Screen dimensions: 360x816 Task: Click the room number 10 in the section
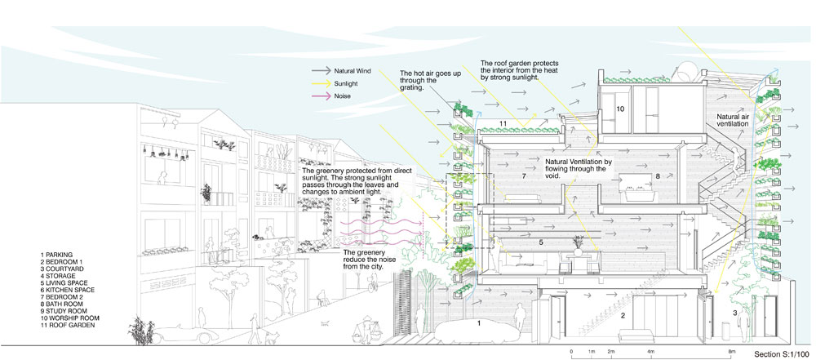[x=620, y=108]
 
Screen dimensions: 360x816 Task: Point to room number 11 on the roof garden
[x=503, y=123]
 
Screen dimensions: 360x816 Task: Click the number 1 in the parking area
[x=478, y=323]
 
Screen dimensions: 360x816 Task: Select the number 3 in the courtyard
[x=734, y=313]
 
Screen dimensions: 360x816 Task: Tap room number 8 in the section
[x=656, y=175]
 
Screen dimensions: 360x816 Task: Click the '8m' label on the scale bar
[x=732, y=350]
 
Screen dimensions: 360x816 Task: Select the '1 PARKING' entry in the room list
[x=58, y=255]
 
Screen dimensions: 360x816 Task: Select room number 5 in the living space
[x=540, y=242]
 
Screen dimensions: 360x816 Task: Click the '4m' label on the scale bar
[x=650, y=350]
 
